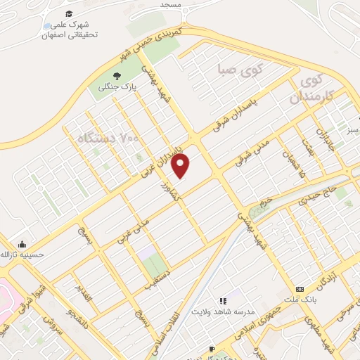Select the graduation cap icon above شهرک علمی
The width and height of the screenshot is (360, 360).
(68, 14)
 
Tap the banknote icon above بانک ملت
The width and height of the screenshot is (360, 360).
(300, 289)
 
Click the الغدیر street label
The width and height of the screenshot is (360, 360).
(84, 296)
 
